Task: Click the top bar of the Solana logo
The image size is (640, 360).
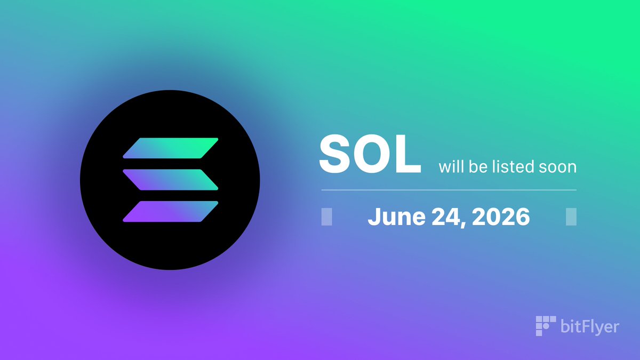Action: [x=171, y=148]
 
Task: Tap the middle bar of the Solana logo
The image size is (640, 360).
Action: [x=171, y=180]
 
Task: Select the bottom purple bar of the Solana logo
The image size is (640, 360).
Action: [x=171, y=211]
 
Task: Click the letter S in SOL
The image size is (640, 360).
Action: [x=335, y=154]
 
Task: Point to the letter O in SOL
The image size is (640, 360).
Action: [x=373, y=154]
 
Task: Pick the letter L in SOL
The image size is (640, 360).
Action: [x=409, y=154]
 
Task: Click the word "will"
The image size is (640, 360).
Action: [x=451, y=166]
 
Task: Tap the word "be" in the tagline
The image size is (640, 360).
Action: [x=478, y=166]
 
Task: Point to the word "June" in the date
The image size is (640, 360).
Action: [x=397, y=217]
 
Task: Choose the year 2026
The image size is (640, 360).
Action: [x=501, y=217]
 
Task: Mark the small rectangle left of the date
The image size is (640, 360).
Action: [x=326, y=217]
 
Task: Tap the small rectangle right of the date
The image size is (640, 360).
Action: [x=571, y=217]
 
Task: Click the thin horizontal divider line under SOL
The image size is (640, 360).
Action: [x=449, y=190]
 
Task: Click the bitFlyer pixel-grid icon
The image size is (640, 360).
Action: [x=546, y=326]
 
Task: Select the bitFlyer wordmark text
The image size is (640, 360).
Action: [x=590, y=326]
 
